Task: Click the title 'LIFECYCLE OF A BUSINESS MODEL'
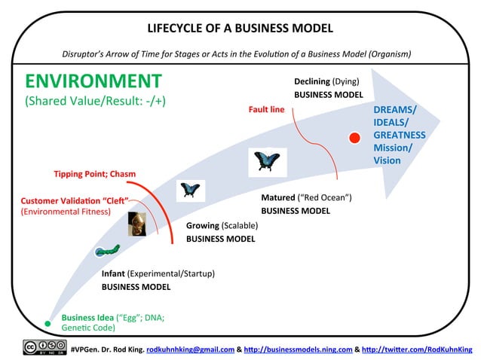point(240,29)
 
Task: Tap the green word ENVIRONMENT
point(93,81)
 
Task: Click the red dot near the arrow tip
point(354,137)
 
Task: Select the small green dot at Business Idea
point(47,323)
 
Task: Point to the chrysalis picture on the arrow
point(136,224)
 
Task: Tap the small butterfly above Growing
point(188,191)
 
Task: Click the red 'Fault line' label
point(266,109)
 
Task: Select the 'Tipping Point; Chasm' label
point(94,174)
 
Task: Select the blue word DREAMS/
point(394,109)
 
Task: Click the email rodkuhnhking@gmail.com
point(189,349)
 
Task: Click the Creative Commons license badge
point(44,348)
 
